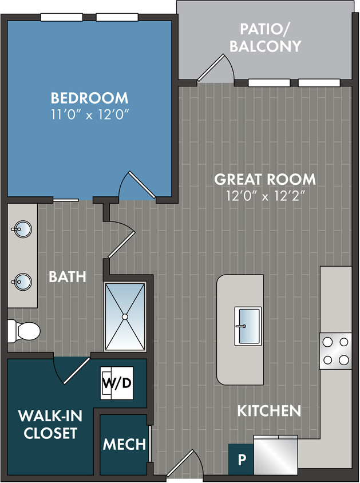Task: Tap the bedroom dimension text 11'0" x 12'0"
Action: point(89,113)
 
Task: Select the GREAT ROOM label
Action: point(264,179)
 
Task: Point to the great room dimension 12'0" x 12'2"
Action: point(264,196)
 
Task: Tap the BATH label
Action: point(67,277)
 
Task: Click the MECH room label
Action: point(124,444)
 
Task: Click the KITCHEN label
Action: point(269,410)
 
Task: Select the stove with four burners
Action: point(335,351)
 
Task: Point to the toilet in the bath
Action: point(23,331)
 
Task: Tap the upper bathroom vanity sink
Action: point(22,231)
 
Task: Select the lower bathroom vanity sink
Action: point(22,282)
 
